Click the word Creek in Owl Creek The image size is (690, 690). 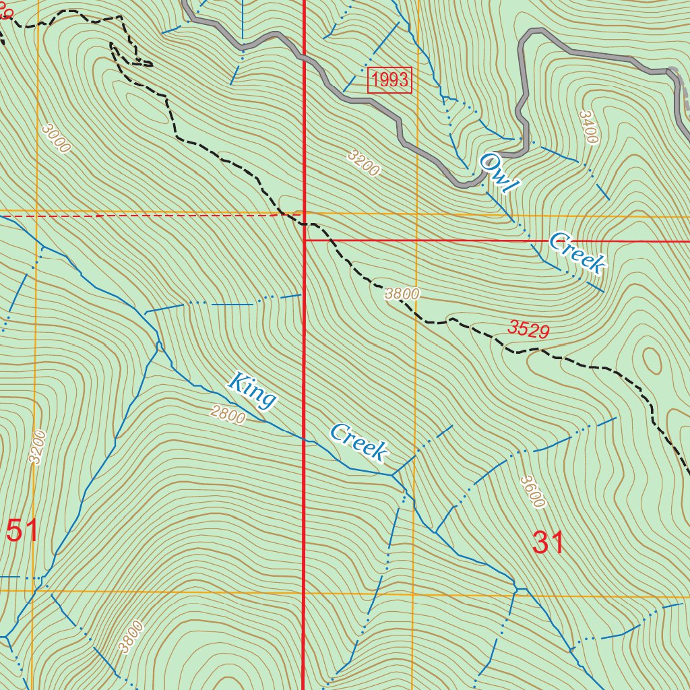click(576, 253)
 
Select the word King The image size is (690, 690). click(253, 390)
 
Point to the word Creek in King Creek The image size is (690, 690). click(358, 443)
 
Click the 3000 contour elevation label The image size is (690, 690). click(55, 138)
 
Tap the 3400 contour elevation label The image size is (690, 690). click(588, 127)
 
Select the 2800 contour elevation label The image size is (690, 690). click(227, 415)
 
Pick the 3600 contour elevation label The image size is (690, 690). click(532, 491)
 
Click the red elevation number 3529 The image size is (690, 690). click(529, 330)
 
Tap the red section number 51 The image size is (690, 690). click(22, 531)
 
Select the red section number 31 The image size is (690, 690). click(548, 542)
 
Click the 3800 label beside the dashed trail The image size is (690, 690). click(402, 294)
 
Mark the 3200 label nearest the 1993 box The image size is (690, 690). click(364, 163)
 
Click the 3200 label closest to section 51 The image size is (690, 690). click(36, 446)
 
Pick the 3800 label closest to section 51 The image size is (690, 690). click(130, 637)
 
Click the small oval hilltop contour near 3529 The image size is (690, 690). click(652, 360)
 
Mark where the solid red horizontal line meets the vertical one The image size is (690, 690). click(305, 240)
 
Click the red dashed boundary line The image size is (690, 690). click(135, 216)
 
